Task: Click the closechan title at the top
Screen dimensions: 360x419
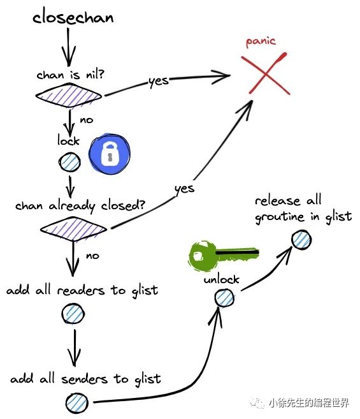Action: (73, 17)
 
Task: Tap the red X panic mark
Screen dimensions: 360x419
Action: (265, 74)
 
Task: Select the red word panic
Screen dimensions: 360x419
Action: (261, 41)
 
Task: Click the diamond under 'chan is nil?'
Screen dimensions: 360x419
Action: (69, 95)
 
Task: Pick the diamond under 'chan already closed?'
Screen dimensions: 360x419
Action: (73, 229)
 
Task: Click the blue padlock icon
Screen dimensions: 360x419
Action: (110, 154)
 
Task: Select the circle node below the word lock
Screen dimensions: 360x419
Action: (69, 162)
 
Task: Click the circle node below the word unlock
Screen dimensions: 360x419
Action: (224, 298)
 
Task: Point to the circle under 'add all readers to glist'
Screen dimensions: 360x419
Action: (73, 313)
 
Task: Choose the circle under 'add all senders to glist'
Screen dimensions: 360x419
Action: (77, 403)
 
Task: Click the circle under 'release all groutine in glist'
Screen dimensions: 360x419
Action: (301, 240)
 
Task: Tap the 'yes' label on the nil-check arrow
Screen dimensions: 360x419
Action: (159, 81)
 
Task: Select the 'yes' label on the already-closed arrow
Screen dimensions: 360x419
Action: (184, 189)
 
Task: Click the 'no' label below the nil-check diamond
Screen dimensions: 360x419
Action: (87, 120)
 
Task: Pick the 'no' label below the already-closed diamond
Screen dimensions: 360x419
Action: (92, 256)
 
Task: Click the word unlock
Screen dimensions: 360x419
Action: (221, 279)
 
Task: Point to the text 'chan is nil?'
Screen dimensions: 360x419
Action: (70, 74)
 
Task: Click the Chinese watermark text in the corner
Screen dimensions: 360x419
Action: (299, 402)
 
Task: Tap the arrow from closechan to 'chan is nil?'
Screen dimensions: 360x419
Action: (68, 47)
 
